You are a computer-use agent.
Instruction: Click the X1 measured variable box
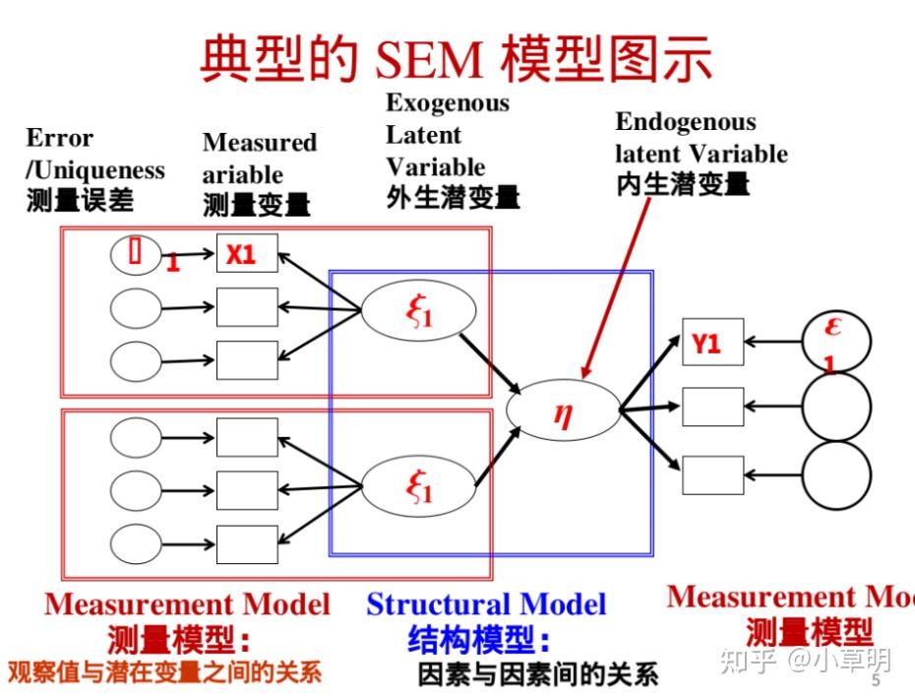[x=247, y=254]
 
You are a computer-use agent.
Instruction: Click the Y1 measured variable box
[x=712, y=343]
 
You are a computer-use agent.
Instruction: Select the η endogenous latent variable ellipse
[x=563, y=409]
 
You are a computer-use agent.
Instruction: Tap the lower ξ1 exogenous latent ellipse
[x=418, y=485]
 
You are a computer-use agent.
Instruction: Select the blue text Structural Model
[x=486, y=603]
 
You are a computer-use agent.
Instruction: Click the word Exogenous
[x=448, y=103]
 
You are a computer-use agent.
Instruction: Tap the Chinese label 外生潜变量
[x=453, y=197]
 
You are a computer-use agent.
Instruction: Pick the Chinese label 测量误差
[x=79, y=201]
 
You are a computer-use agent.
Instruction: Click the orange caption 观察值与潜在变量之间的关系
[x=164, y=673]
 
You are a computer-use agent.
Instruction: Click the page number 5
[x=876, y=682]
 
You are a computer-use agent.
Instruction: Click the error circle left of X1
[x=134, y=254]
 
